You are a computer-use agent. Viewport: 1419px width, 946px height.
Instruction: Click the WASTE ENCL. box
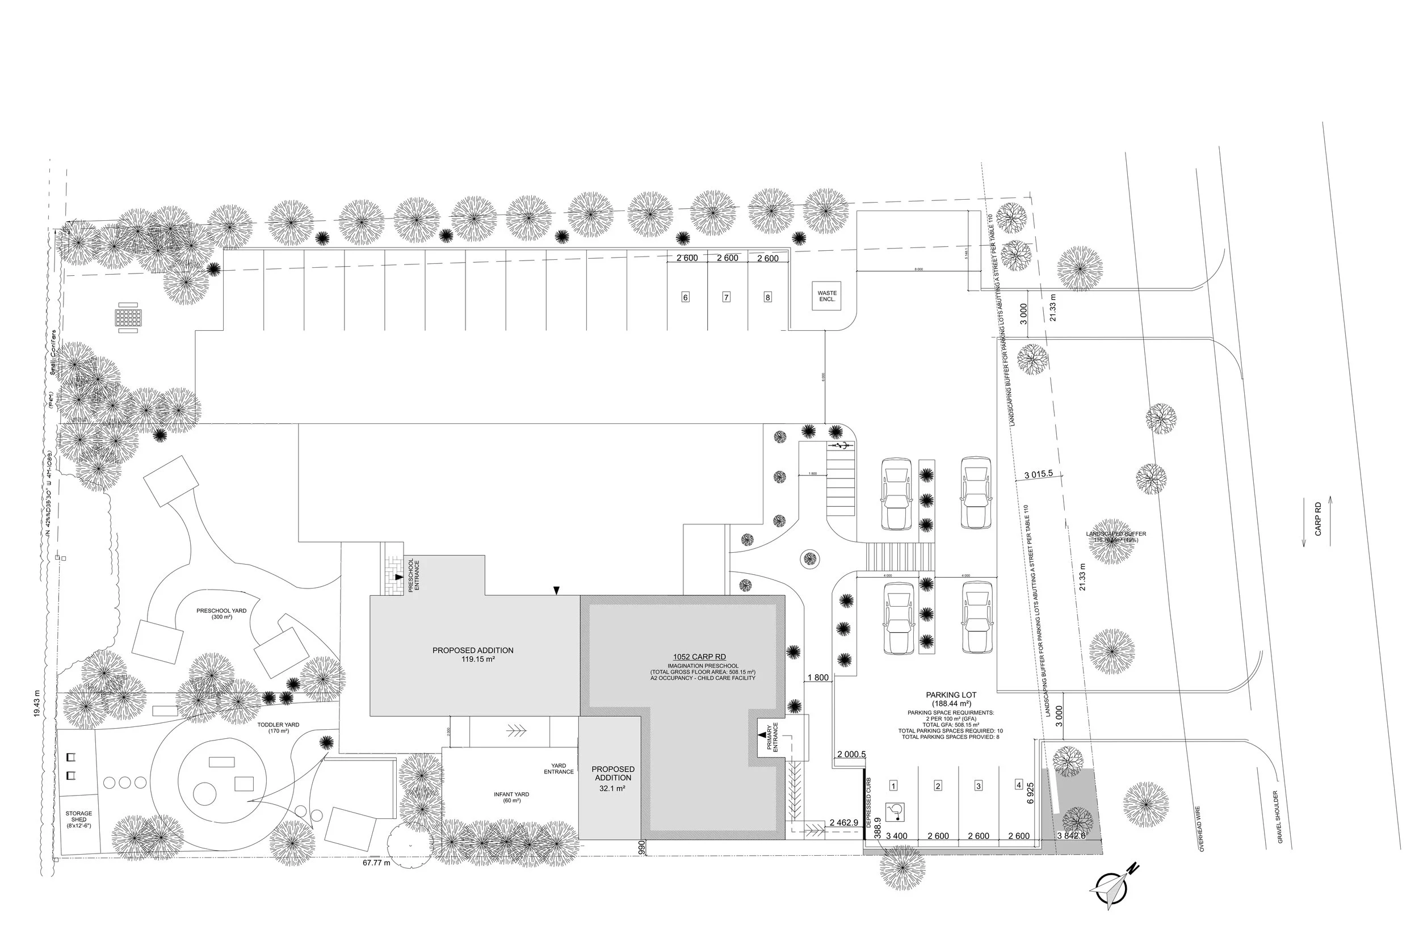click(x=826, y=296)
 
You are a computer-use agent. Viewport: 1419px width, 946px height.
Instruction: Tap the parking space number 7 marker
click(x=726, y=297)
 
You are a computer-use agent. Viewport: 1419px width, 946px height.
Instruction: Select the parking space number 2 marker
click(x=938, y=785)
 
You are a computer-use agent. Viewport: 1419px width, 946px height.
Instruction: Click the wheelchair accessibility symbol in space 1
click(x=893, y=812)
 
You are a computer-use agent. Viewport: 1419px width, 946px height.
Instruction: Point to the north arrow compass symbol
click(x=1111, y=885)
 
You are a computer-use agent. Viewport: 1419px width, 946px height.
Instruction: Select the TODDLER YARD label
click(x=278, y=728)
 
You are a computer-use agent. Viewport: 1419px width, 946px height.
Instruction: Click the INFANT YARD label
click(x=511, y=797)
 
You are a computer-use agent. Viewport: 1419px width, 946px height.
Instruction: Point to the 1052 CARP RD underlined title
click(x=699, y=657)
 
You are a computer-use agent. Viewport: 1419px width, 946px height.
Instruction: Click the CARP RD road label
click(x=1317, y=518)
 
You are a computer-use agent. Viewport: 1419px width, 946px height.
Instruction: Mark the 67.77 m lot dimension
click(x=376, y=863)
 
